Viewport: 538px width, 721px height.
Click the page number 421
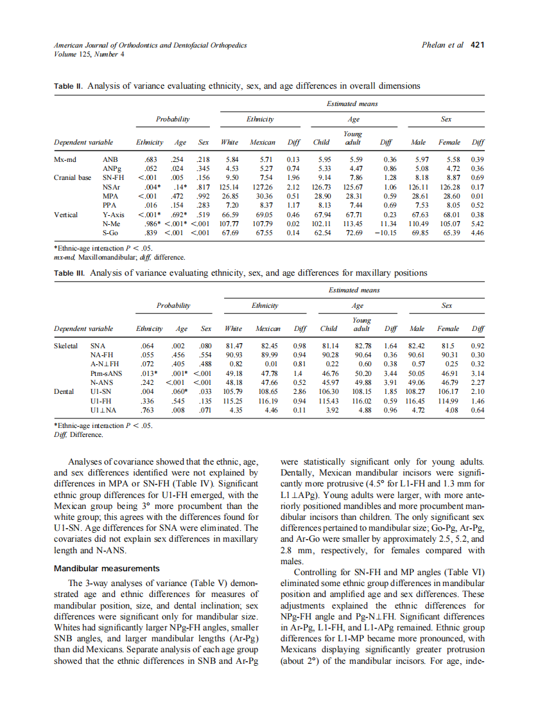pos(477,46)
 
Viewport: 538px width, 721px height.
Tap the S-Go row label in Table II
pos(112,233)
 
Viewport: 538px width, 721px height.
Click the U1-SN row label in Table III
pos(100,390)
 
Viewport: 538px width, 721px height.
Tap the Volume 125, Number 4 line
pos(86,54)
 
